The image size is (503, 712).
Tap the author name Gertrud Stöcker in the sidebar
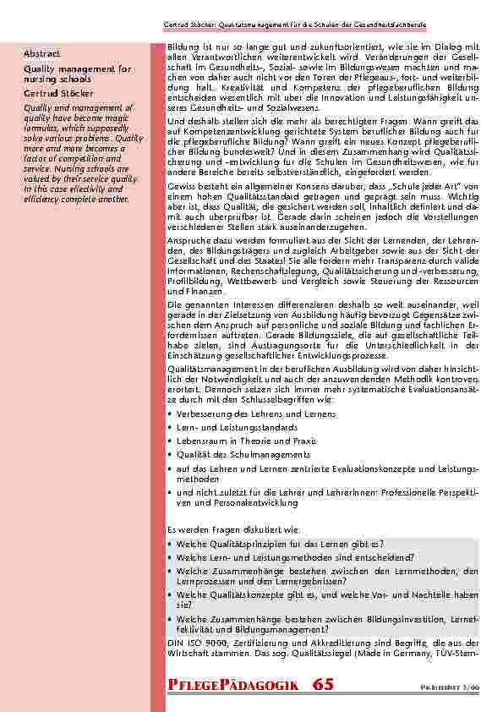tap(58, 93)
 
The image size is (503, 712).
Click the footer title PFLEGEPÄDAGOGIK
tap(232, 684)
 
